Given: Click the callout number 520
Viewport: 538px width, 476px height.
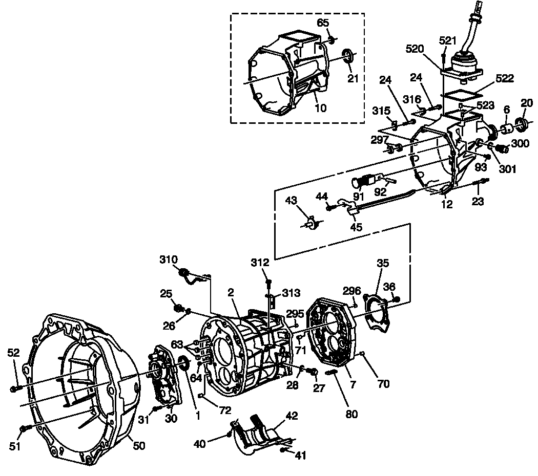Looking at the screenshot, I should pyautogui.click(x=416, y=49).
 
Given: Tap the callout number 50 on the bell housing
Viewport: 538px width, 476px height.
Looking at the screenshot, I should pyautogui.click(x=139, y=445).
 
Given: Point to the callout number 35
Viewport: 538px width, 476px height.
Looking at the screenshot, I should pyautogui.click(x=383, y=263).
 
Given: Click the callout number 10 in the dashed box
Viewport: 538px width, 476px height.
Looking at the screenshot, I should pyautogui.click(x=321, y=108).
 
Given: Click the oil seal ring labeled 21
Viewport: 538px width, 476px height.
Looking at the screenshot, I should pyautogui.click(x=348, y=55).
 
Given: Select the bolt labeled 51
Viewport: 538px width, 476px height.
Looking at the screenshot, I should pyautogui.click(x=23, y=428).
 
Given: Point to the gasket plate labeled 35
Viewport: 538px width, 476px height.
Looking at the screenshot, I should pyautogui.click(x=378, y=312).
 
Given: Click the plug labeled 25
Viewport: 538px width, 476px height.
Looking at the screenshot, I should pyautogui.click(x=179, y=308).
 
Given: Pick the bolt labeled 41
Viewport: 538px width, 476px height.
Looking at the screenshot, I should pyautogui.click(x=283, y=450).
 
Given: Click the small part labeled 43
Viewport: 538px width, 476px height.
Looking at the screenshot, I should pyautogui.click(x=311, y=223).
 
